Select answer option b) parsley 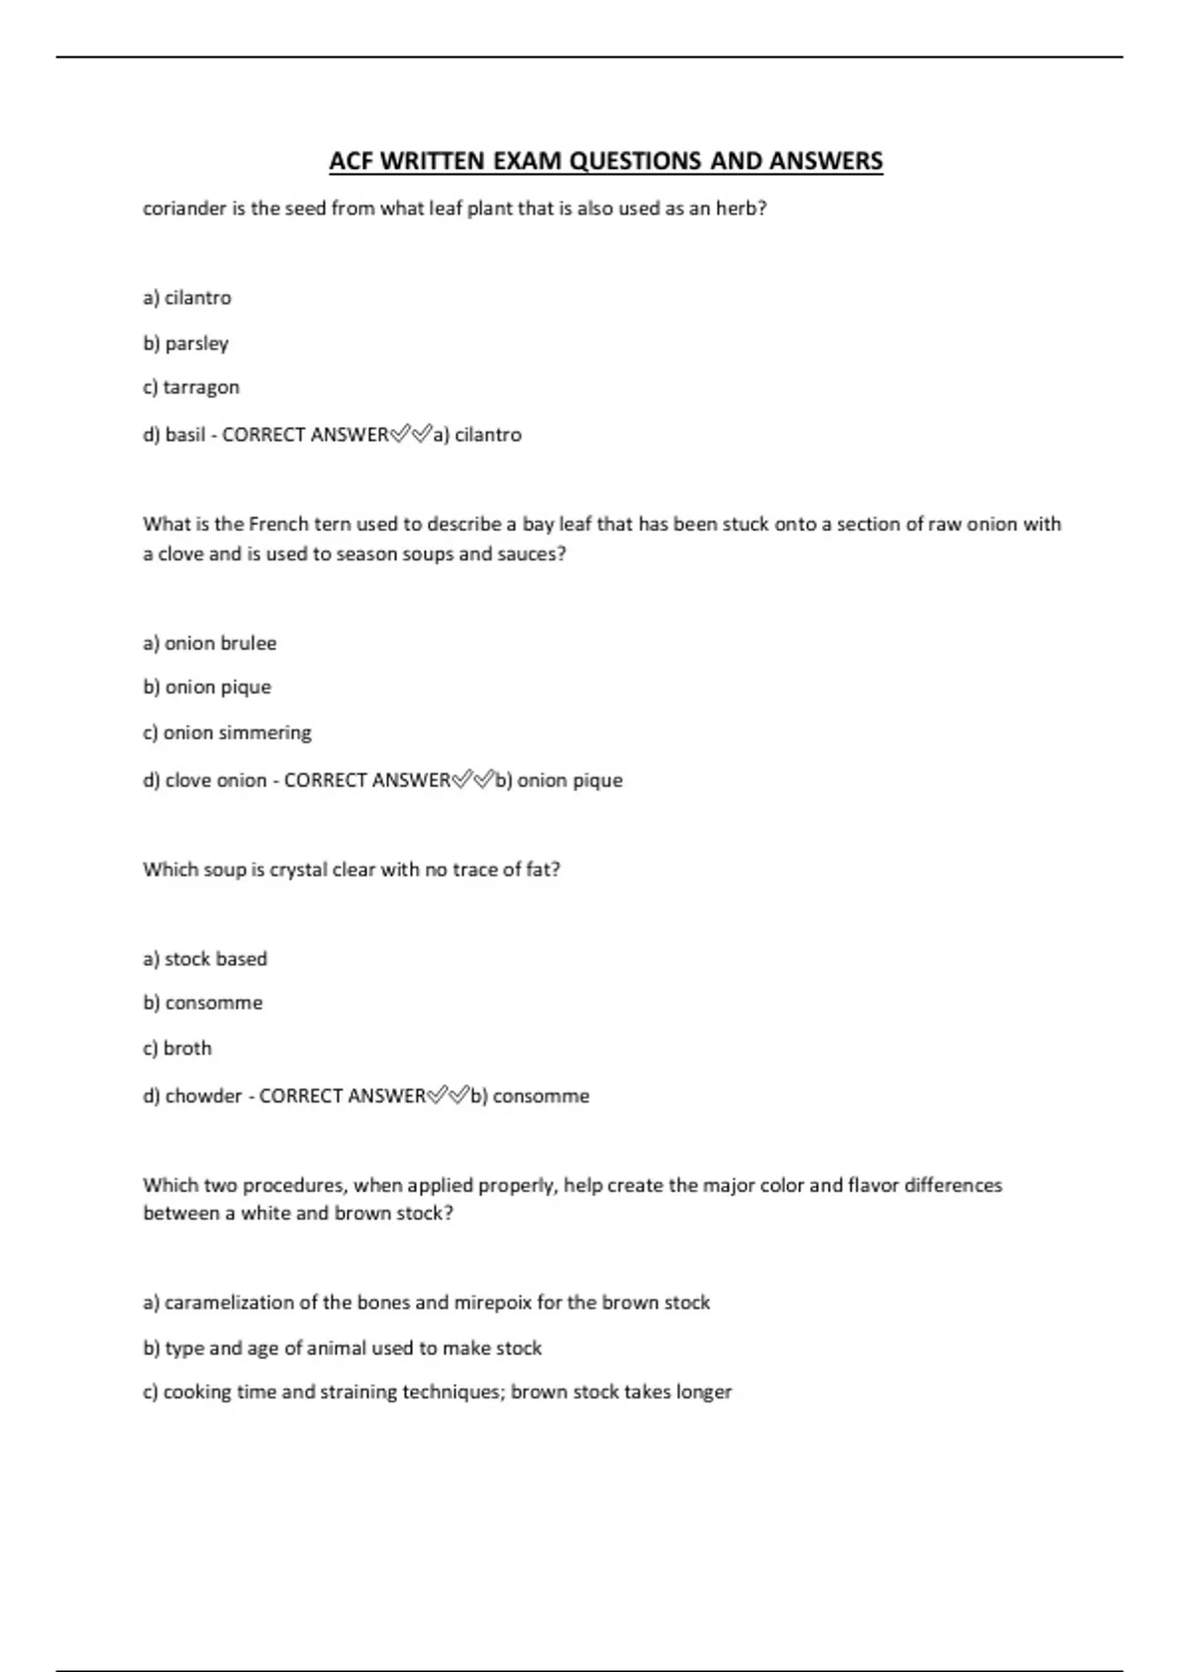pos(186,343)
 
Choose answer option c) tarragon pos(191,388)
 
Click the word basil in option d pos(185,435)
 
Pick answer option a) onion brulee pos(209,643)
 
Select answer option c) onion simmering pos(226,733)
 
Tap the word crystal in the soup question pos(298,869)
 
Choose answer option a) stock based pos(205,959)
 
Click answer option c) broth pos(177,1048)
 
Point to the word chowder pos(203,1097)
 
